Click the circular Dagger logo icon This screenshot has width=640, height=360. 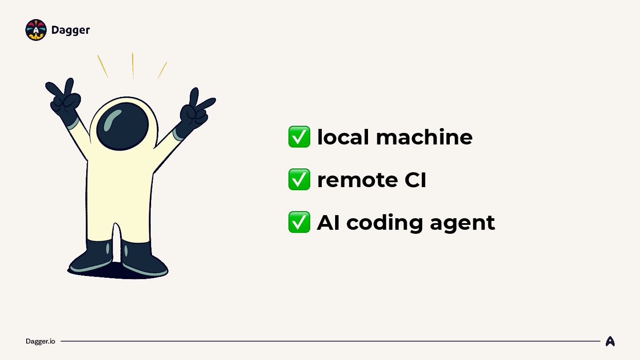36,30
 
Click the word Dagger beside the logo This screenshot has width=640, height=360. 71,30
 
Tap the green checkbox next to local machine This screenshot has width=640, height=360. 299,137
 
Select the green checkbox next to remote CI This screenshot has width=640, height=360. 299,180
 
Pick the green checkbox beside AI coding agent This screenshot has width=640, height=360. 299,222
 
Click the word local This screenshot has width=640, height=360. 343,137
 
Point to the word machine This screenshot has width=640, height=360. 424,137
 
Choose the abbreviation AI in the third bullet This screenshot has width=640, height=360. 328,222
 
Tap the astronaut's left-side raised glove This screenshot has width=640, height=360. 65,100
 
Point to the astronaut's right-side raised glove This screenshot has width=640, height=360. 194,112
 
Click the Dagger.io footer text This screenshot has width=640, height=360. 40,341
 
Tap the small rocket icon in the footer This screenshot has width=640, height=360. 610,341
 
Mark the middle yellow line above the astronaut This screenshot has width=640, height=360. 133,65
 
